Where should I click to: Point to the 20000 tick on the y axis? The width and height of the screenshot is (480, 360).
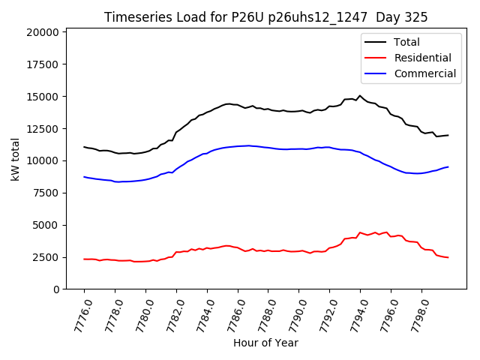(42, 32)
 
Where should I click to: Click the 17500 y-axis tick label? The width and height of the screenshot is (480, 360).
(42, 64)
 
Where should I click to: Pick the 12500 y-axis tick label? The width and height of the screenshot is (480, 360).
(42, 129)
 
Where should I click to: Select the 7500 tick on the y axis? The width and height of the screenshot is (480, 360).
(45, 193)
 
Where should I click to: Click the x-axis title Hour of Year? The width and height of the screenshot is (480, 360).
(265, 343)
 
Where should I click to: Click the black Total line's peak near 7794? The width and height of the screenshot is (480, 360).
(360, 95)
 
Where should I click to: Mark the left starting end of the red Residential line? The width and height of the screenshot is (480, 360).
(84, 259)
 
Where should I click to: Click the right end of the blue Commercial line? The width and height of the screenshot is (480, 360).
(448, 166)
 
